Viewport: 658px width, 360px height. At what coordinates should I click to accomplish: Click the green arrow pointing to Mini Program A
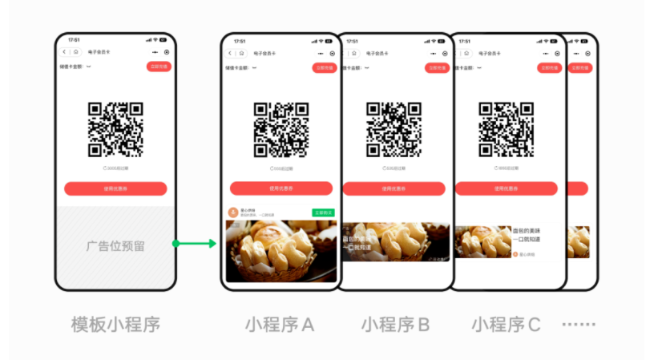coord(195,243)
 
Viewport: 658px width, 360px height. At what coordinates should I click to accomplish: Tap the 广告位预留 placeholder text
coord(115,246)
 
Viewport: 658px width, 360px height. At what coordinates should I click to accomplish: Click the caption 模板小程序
coord(115,324)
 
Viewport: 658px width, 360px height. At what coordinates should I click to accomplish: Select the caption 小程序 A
coord(280,324)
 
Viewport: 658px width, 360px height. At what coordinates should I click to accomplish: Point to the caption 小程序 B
coord(395,324)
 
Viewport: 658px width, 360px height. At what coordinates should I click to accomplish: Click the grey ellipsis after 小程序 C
coord(578,325)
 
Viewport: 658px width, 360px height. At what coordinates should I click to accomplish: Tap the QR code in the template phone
coord(115,129)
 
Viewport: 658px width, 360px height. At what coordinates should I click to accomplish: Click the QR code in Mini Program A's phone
coord(281,129)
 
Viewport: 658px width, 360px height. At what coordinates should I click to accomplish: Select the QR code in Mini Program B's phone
coord(394,129)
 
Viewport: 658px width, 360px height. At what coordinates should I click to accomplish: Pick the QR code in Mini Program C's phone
coord(506,129)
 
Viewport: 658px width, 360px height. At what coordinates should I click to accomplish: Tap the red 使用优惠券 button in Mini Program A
coord(281,188)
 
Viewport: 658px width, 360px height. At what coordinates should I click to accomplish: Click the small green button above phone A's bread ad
coord(323,212)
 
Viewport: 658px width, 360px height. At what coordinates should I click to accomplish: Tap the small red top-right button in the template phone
coord(158,67)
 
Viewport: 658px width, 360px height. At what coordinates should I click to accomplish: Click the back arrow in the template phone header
coord(66,52)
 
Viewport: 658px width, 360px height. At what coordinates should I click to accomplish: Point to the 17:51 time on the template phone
coord(74,39)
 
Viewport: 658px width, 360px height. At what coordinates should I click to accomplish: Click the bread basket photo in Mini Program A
coord(281,250)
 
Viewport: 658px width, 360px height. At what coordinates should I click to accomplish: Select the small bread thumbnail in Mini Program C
coord(482,241)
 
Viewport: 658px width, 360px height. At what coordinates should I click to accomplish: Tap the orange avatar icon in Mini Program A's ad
coord(233,212)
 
